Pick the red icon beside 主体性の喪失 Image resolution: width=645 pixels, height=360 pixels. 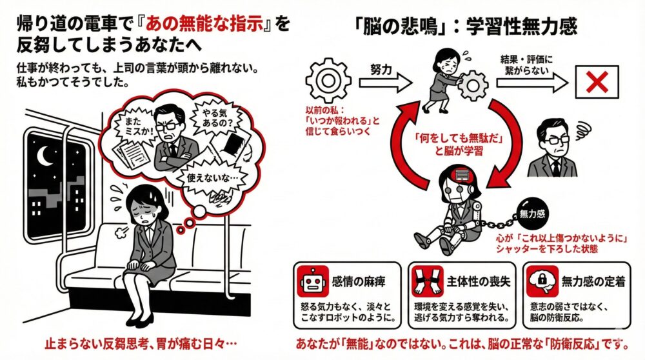pyautogui.click(x=422, y=280)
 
